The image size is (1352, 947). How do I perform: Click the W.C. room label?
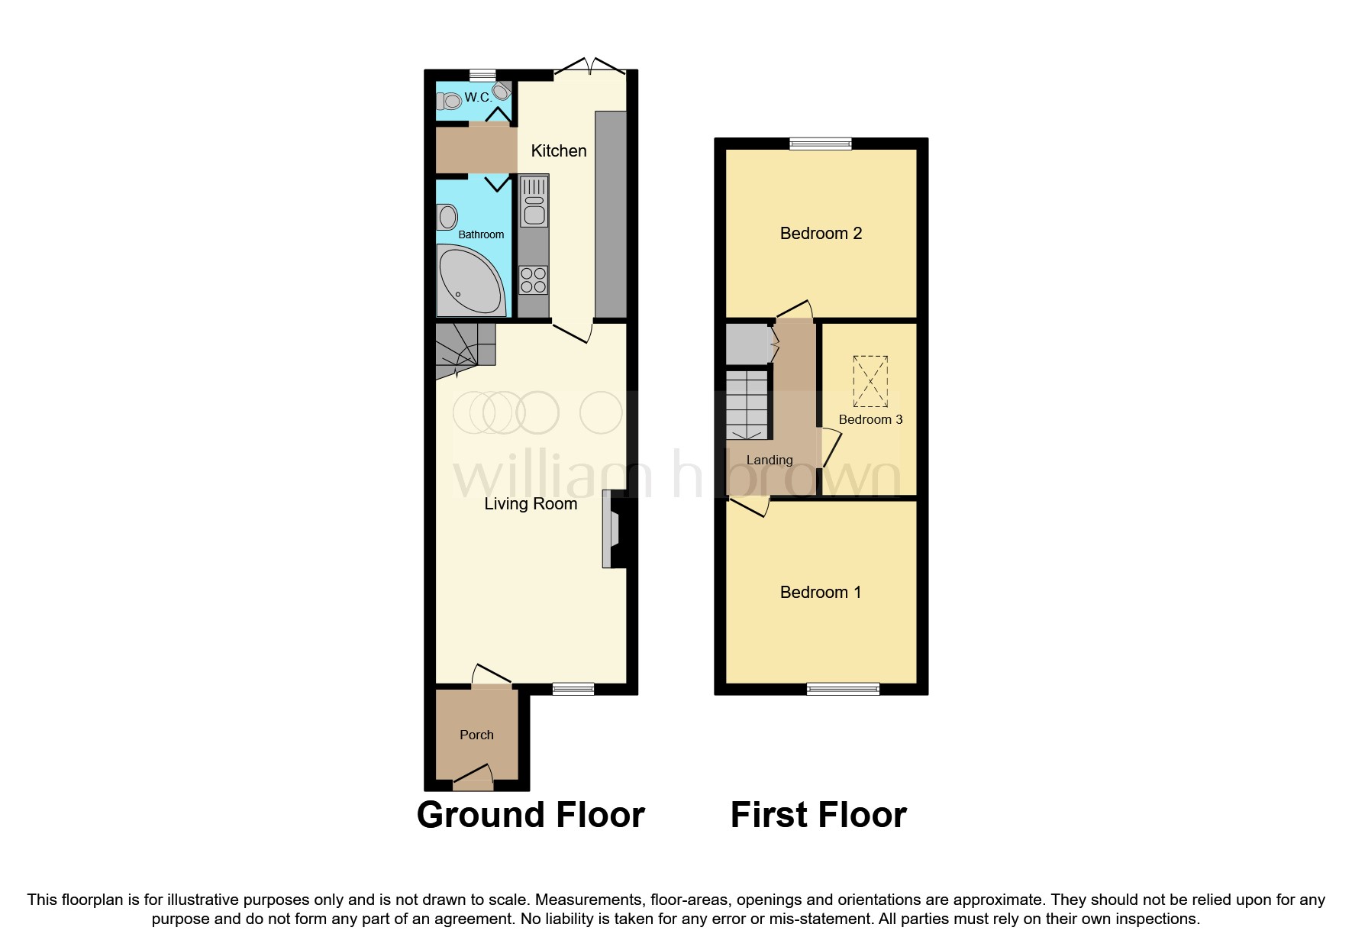[478, 97]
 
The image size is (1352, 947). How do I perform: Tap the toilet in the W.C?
[450, 100]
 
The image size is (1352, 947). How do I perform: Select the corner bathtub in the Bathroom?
[468, 281]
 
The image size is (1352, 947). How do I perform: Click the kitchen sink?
[534, 202]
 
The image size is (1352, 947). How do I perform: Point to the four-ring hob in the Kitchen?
[534, 280]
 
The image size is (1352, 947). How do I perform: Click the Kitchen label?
[558, 151]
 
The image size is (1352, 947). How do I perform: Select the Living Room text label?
[531, 504]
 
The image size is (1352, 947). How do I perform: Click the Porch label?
[476, 735]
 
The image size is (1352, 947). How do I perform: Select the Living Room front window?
[573, 689]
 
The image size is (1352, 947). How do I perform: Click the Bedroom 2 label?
[821, 234]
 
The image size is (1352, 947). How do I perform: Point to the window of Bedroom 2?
[820, 144]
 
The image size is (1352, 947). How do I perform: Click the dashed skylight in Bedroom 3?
[870, 381]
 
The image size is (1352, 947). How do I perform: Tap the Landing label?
[769, 460]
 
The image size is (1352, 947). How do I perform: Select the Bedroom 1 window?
[843, 689]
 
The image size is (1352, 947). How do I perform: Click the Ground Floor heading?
[531, 815]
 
